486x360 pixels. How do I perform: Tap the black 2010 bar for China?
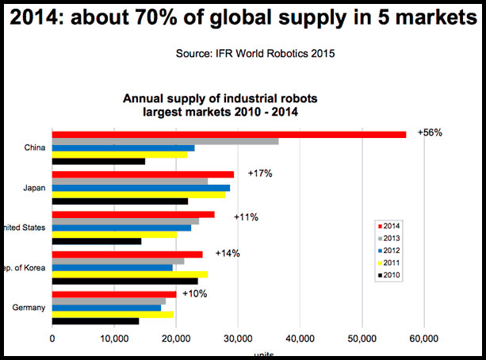click(98, 161)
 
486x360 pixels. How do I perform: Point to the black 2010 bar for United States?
click(96, 241)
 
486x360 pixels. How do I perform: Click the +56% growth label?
click(430, 132)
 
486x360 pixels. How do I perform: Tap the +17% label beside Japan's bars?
click(259, 173)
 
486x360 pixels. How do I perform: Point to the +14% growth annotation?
click(227, 254)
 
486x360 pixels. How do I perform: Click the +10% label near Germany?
click(194, 293)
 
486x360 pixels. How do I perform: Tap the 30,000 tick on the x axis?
click(237, 338)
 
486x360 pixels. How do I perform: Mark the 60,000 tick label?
click(423, 338)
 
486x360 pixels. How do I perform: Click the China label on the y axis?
click(35, 147)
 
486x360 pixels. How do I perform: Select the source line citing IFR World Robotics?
click(242, 55)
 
